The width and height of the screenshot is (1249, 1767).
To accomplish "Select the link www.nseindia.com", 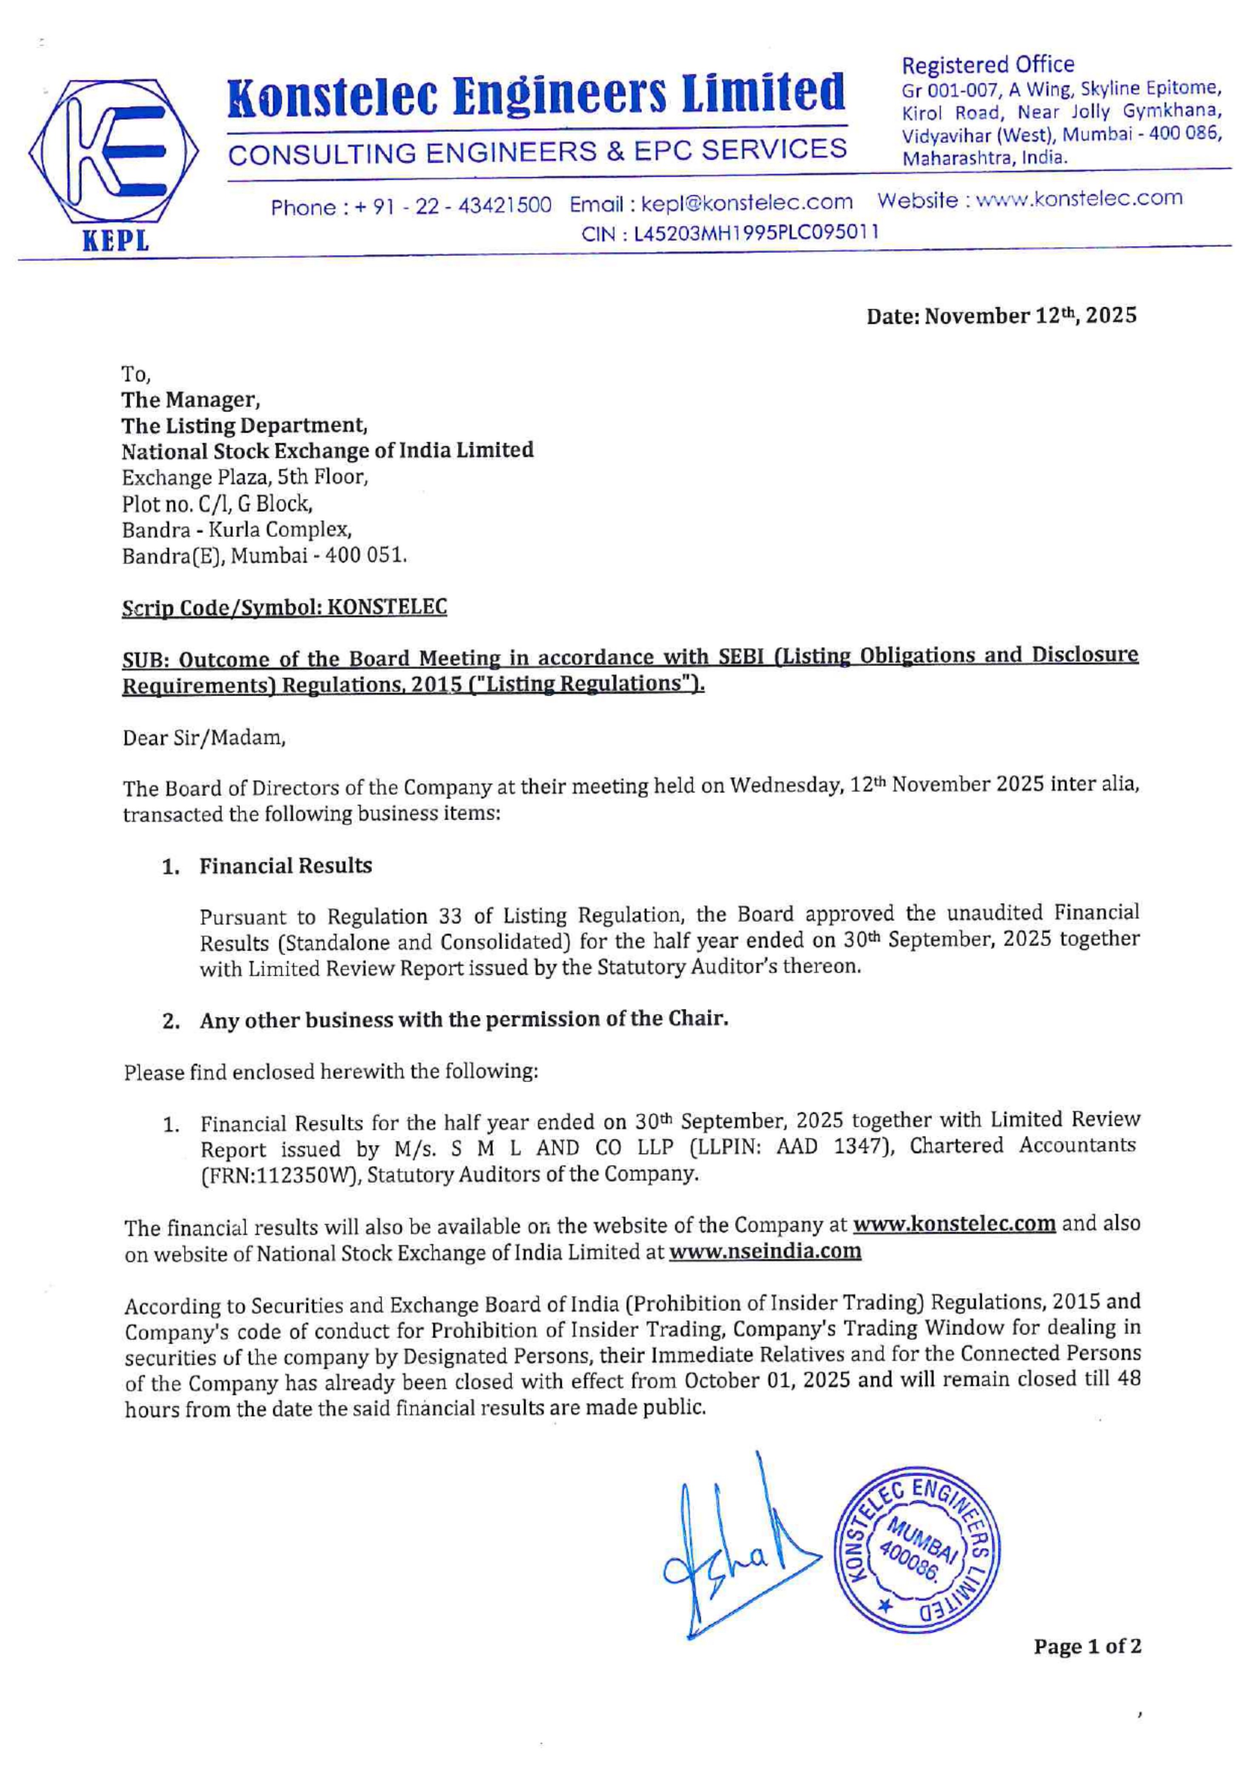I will click(765, 1252).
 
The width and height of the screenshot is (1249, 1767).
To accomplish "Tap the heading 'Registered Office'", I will click(988, 65).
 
